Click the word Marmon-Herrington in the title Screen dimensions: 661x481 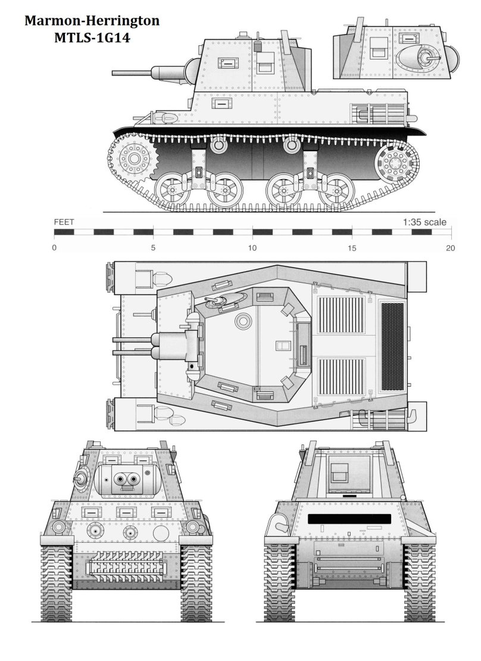click(92, 21)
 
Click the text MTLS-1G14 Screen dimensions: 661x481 click(92, 37)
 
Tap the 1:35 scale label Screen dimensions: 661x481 click(424, 222)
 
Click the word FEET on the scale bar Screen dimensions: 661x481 click(64, 222)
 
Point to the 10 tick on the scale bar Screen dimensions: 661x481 click(252, 248)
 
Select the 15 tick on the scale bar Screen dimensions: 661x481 click(352, 248)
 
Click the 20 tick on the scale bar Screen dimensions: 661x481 click(451, 248)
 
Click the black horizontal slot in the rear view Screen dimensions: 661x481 click(349, 518)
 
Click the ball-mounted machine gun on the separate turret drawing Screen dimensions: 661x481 click(426, 58)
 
